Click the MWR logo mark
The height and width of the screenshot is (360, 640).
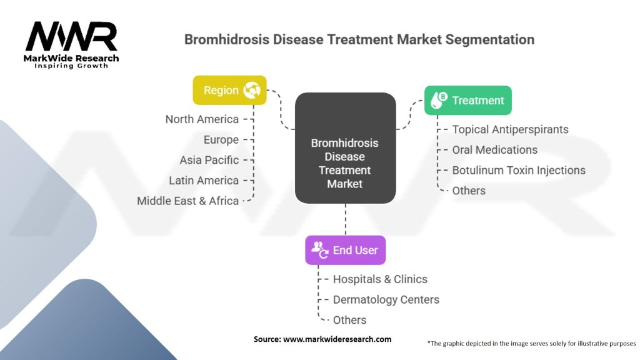coord(71,37)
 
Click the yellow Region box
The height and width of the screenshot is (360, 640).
coord(229,90)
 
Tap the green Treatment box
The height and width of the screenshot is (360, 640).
coord(467,101)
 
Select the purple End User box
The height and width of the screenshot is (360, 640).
coord(345,250)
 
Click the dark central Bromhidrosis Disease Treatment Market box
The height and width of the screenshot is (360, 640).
coord(345,148)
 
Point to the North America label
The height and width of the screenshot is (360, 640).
coord(202,119)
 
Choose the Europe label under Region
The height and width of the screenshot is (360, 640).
coord(221,139)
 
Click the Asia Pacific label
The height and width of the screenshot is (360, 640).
coord(209,160)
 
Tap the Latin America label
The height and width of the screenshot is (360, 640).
coord(204,181)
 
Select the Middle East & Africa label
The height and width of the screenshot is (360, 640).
coord(187,201)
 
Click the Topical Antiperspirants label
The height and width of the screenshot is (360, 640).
coord(510,129)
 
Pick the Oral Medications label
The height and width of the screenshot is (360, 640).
coord(495,150)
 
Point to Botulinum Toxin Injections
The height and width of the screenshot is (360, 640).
coord(519,170)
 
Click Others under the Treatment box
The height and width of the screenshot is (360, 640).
coord(469,191)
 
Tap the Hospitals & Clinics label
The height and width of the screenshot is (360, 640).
coord(381,279)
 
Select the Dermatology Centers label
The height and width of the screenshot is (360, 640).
coord(386,299)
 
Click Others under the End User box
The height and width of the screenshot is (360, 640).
coord(350,320)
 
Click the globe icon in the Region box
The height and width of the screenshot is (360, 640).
coord(252,90)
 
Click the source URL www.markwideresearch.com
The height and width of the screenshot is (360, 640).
coord(337,339)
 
